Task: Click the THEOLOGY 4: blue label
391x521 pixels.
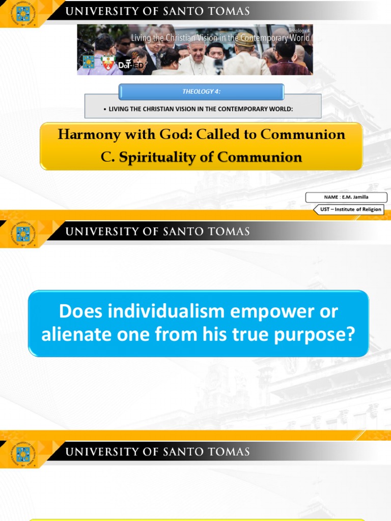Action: pyautogui.click(x=201, y=92)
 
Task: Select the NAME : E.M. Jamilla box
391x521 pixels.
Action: pyautogui.click(x=346, y=197)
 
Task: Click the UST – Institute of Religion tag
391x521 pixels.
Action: pyautogui.click(x=350, y=209)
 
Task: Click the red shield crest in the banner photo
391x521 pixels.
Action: pyautogui.click(x=107, y=63)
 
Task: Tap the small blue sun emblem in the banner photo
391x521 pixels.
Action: pyautogui.click(x=89, y=62)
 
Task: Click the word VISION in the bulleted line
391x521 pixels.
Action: pyautogui.click(x=180, y=109)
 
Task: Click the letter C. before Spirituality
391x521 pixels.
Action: pyautogui.click(x=108, y=158)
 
